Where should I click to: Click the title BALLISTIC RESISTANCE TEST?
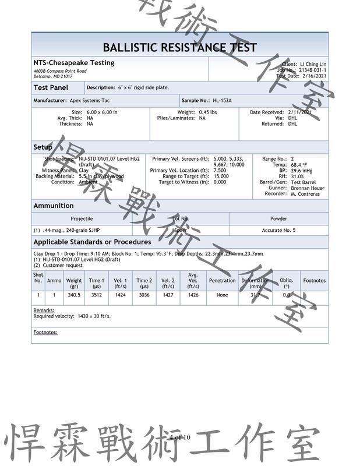coord(179,47)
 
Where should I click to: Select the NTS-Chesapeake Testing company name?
coord(74,63)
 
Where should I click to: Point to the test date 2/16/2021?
coord(313,76)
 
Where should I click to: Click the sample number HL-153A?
coord(222,100)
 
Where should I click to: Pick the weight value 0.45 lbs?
coord(208,112)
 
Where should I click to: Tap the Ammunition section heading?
coord(54,206)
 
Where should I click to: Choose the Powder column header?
coord(278,218)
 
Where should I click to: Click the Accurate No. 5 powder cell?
coord(278,230)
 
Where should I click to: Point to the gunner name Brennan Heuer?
coord(308,188)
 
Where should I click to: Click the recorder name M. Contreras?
coord(305,194)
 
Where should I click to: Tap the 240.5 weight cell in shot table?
coord(74,295)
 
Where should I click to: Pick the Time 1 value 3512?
coord(97,295)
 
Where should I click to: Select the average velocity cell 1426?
coord(193,295)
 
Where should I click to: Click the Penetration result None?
coord(222,295)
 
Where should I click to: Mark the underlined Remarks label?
coord(44,310)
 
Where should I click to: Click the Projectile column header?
coord(82,218)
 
